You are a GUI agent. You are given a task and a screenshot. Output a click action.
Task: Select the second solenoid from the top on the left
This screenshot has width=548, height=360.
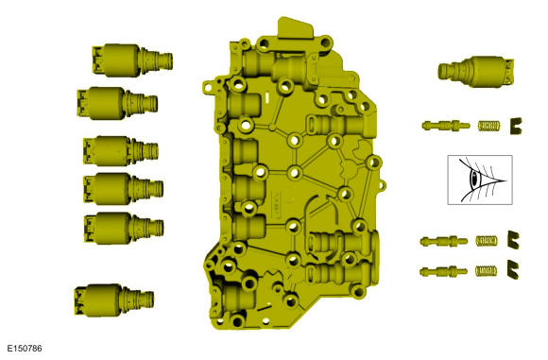point(115,99)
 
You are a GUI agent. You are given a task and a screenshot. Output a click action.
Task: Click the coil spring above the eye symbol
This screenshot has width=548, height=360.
point(488,124)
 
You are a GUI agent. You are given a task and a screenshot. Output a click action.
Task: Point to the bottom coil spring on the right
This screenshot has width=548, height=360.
point(486,271)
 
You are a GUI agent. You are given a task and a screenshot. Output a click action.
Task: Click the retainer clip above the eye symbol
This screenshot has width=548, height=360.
point(516,123)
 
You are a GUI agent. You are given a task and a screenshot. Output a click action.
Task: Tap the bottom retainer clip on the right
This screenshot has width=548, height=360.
point(514,271)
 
